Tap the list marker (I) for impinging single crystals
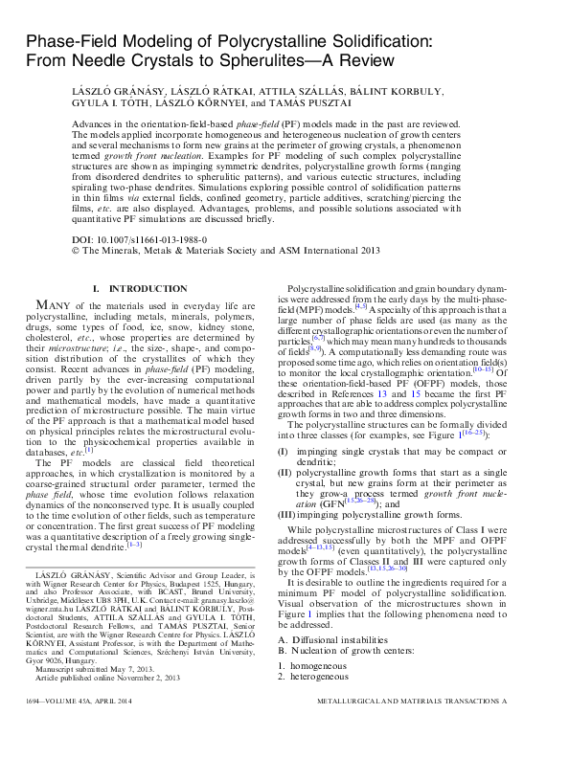(x=284, y=450)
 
